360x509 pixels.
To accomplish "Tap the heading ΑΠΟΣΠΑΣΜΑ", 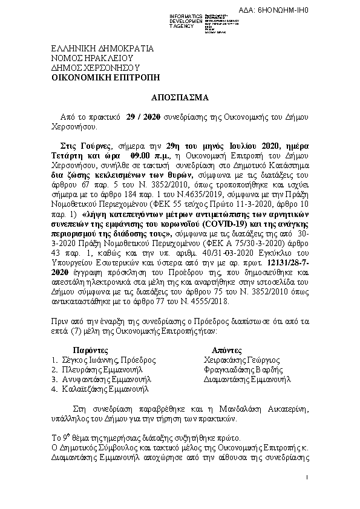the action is [179, 97].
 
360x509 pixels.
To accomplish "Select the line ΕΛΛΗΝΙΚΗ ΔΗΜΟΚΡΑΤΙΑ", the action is [102, 49].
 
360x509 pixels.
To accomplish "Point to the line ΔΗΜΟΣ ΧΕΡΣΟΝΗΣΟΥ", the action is [96, 68].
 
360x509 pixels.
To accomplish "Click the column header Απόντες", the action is [227, 350].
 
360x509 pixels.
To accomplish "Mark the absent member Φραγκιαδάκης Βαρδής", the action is [244, 369].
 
